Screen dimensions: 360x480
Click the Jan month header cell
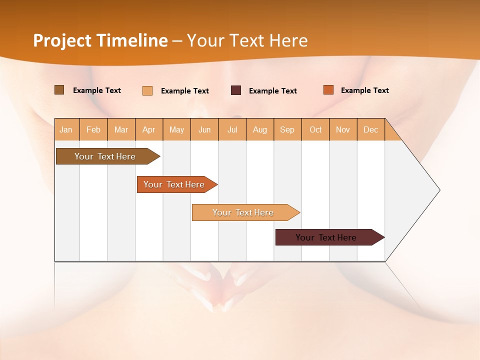click(66, 129)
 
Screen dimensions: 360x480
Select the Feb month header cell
click(93, 129)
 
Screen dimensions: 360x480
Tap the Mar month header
click(121, 129)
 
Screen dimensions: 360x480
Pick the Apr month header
click(149, 129)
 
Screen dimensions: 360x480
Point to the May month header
click(176, 129)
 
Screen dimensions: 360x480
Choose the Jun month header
click(204, 129)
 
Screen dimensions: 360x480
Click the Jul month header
click(232, 129)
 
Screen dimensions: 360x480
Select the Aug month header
click(260, 129)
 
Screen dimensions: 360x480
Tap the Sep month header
click(287, 129)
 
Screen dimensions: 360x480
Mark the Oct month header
click(315, 129)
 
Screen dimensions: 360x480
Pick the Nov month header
click(343, 129)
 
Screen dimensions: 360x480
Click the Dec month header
click(371, 129)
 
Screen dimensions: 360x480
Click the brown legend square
click(59, 90)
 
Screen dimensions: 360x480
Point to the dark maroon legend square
click(236, 90)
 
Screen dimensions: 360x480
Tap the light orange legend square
click(147, 90)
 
